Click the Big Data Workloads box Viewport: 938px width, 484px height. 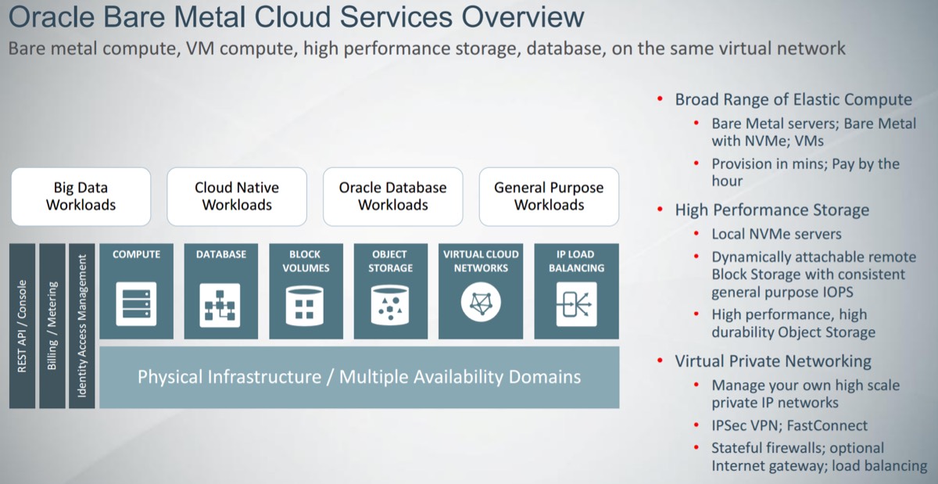81,196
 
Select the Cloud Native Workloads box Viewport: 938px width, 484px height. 237,196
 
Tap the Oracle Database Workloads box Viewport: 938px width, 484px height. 392,196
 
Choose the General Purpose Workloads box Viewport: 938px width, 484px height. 549,196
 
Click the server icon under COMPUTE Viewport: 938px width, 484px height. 136,303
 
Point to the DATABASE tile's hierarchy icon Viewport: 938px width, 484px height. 220,303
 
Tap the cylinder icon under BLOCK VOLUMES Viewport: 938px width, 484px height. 305,303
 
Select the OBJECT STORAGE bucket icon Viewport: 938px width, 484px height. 390,303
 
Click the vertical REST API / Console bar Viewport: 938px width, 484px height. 23,325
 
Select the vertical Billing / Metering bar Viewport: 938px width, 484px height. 52,325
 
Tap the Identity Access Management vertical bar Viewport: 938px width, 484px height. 82,325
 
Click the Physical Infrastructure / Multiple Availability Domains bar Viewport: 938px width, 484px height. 360,377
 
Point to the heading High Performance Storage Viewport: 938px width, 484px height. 772,210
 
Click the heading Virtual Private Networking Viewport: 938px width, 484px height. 773,361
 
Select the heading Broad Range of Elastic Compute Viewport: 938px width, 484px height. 793,99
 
